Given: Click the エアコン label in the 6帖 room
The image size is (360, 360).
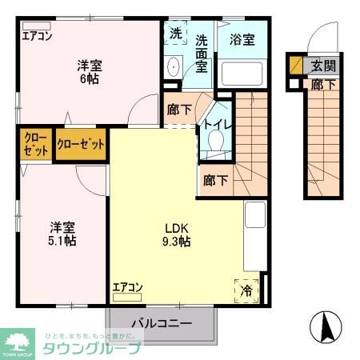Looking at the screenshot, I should [37, 35].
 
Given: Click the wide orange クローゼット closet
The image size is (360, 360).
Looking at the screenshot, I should [80, 145].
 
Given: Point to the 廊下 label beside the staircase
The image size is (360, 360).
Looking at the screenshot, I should [215, 180].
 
